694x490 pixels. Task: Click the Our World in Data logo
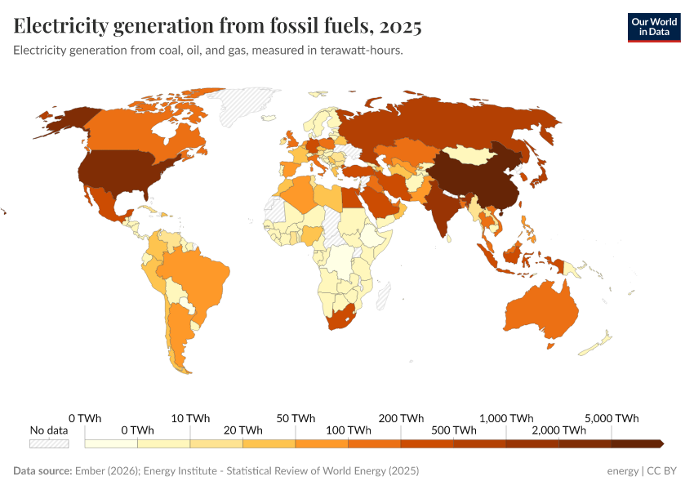[653, 27]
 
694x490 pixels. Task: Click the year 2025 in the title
[400, 26]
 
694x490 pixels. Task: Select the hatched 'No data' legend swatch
[49, 443]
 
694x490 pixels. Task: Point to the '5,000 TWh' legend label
[612, 417]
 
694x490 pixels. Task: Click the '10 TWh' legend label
[191, 417]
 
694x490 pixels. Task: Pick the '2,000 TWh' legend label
[559, 430]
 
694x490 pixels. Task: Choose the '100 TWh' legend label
[349, 430]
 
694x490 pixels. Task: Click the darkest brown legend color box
[637, 443]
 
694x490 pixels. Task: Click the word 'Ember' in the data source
[89, 471]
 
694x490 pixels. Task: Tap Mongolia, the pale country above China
[473, 154]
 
